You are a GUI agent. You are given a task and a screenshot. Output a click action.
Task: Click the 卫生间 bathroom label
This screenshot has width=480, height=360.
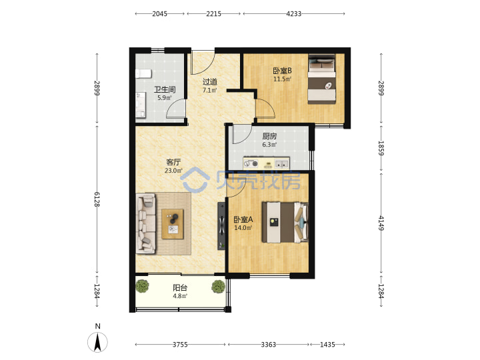pos(165,90)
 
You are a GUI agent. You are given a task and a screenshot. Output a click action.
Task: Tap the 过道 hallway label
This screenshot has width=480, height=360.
pos(210,82)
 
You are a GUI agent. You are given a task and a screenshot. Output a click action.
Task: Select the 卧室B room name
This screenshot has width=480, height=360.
pos(282,71)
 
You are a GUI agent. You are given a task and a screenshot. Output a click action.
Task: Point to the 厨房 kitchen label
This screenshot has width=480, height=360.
pos(269,136)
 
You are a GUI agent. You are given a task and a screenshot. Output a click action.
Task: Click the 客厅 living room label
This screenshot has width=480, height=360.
pos(173,162)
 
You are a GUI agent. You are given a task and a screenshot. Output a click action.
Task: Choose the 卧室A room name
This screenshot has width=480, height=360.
pos(243,219)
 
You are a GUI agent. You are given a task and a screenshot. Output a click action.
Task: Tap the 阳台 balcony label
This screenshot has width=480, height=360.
pos(180,288)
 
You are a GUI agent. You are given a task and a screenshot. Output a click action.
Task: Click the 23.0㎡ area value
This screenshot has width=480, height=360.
pos(173,171)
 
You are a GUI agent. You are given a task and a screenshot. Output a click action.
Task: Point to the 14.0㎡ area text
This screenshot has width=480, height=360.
pos(243,228)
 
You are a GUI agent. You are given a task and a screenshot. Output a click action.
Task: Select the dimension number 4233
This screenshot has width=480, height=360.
pos(294,14)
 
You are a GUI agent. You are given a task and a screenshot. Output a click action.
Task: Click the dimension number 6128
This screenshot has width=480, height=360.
pos(97,199)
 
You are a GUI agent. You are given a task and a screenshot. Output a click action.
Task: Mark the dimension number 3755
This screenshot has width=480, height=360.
pos(180,345)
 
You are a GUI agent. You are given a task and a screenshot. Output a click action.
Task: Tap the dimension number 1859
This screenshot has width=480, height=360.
pos(381,148)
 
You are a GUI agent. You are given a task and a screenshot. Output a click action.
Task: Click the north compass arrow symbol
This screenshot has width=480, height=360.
pos(97,342)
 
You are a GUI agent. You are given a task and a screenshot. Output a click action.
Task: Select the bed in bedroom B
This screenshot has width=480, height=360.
pos(322,79)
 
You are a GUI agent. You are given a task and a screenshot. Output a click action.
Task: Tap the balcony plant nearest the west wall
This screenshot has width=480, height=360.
pos(143,286)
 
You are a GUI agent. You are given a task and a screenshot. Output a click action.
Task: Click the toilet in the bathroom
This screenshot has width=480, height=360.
pos(143,73)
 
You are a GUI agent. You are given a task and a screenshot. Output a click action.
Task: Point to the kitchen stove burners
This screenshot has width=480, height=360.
pos(251,164)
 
